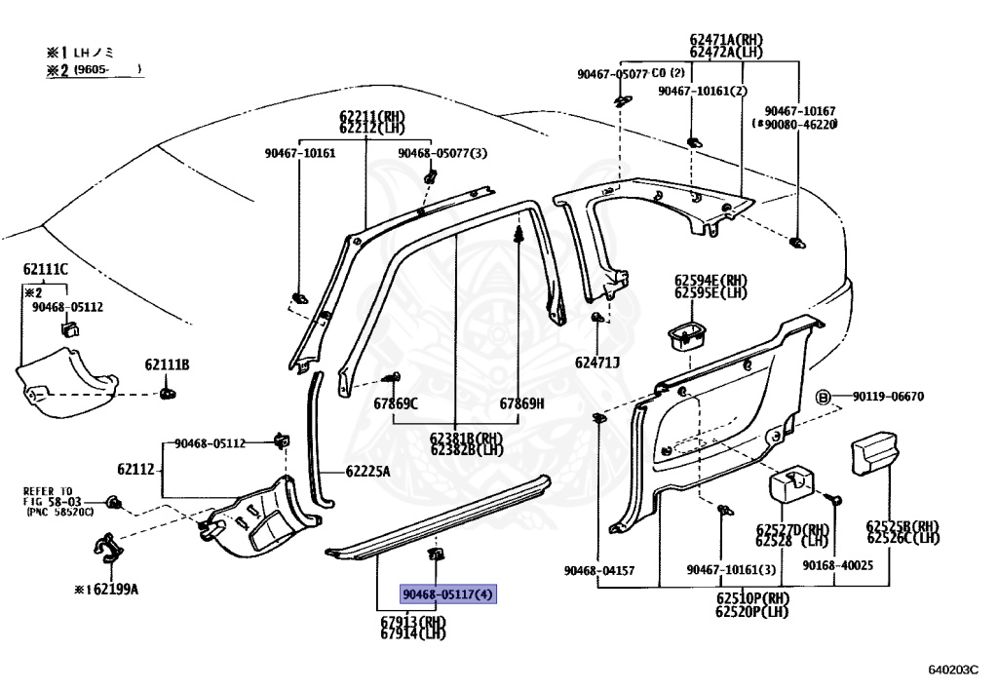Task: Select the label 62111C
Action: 46,269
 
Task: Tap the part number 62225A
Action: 367,472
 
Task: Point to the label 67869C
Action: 395,403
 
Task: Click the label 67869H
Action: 522,403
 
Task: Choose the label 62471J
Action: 597,363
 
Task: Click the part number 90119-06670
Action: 888,397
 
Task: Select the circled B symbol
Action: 822,397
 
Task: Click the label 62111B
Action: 168,365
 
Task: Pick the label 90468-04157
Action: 598,570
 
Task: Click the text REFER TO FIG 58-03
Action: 49,497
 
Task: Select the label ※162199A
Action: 106,589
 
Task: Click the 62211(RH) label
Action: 372,116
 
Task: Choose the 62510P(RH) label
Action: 751,598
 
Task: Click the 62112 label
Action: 136,470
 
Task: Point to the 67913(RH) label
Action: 413,621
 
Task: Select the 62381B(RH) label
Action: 467,438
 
